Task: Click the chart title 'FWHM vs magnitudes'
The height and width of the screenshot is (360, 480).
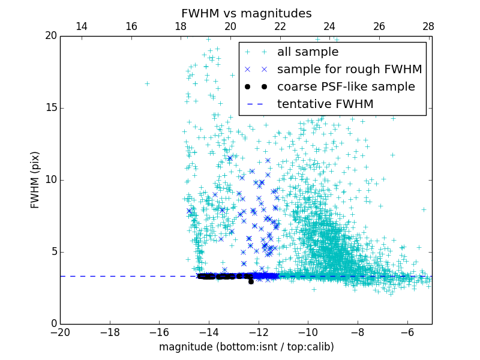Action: pyautogui.click(x=246, y=13)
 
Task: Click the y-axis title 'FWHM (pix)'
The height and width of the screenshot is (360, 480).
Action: pyautogui.click(x=35, y=179)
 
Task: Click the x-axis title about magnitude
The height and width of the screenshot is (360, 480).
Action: pyautogui.click(x=246, y=347)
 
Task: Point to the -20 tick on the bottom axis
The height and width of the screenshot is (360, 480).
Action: pyautogui.click(x=60, y=332)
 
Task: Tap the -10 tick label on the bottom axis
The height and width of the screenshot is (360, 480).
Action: pyautogui.click(x=308, y=332)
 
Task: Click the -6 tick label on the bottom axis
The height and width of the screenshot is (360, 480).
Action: pyautogui.click(x=407, y=332)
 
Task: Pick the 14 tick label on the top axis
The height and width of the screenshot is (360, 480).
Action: pyautogui.click(x=82, y=26)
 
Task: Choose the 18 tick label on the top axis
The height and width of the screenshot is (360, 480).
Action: pyautogui.click(x=181, y=26)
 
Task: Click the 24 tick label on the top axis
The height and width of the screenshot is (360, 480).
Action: pyautogui.click(x=329, y=26)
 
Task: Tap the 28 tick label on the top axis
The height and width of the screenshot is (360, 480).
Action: pyautogui.click(x=428, y=26)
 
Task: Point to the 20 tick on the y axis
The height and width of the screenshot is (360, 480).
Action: pyautogui.click(x=50, y=36)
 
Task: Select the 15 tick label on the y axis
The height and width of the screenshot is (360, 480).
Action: pyautogui.click(x=50, y=108)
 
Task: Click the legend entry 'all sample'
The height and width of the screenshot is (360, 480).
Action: pyautogui.click(x=307, y=52)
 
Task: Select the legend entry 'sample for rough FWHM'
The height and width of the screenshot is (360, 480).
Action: pyautogui.click(x=349, y=70)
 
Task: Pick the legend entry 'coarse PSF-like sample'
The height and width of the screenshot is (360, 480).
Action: pyautogui.click(x=346, y=87)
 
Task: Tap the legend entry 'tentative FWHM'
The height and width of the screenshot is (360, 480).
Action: pyautogui.click(x=325, y=104)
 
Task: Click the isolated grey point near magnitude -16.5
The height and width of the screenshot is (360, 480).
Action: pyautogui.click(x=147, y=83)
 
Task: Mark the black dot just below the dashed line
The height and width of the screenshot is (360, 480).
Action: pyautogui.click(x=251, y=281)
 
